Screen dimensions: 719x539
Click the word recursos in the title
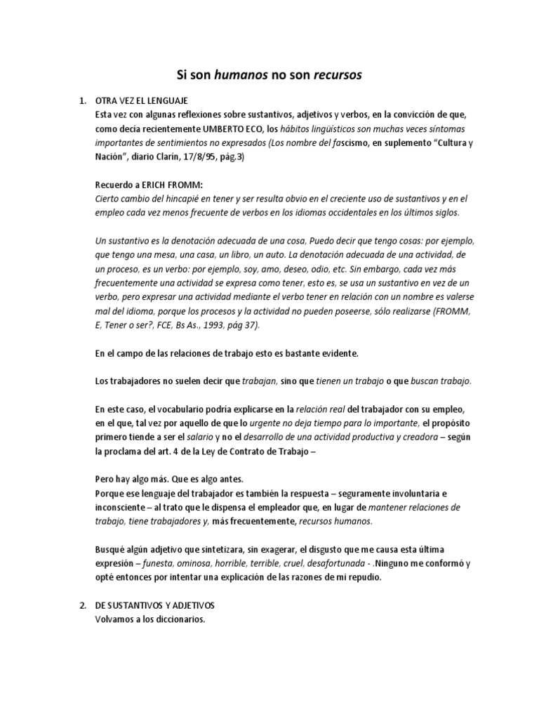point(339,74)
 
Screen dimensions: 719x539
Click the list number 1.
point(82,100)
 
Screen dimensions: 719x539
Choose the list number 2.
point(82,605)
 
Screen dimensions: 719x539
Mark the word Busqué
point(111,549)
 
